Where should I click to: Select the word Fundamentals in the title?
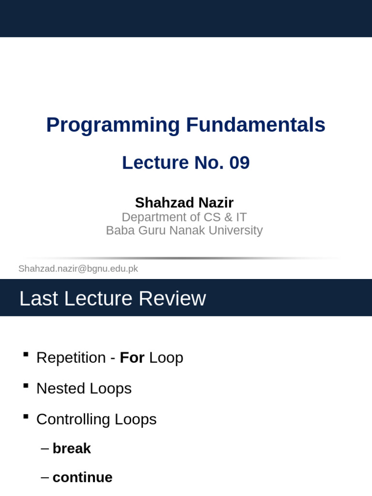[x=256, y=125]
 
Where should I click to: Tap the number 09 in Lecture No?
[x=239, y=163]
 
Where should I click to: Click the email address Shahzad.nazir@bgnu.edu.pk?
[x=78, y=268]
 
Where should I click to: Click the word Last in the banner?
[x=39, y=298]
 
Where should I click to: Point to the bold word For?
[x=132, y=357]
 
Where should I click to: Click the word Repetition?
[x=71, y=357]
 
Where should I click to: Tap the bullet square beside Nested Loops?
[x=26, y=386]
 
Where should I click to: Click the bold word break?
[x=72, y=449]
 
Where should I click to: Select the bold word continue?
[x=82, y=477]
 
